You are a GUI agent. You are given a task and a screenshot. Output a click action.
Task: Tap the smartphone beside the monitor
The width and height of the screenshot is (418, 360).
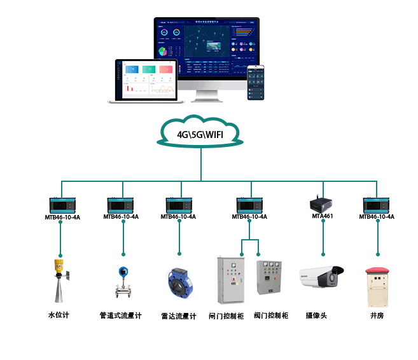pyautogui.click(x=256, y=83)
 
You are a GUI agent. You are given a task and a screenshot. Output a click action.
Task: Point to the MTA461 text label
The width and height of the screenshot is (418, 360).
pyautogui.click(x=322, y=216)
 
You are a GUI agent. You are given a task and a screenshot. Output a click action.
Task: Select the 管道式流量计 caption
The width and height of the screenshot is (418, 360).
pyautogui.click(x=120, y=315)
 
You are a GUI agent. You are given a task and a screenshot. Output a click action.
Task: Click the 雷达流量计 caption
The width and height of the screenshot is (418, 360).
pyautogui.click(x=179, y=315)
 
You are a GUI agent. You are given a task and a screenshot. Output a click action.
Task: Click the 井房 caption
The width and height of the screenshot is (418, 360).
pyautogui.click(x=377, y=315)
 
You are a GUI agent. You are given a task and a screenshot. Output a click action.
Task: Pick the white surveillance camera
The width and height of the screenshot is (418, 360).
pyautogui.click(x=321, y=277)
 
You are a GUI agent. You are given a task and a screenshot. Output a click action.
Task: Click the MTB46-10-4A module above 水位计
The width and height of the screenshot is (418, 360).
pyautogui.click(x=62, y=205)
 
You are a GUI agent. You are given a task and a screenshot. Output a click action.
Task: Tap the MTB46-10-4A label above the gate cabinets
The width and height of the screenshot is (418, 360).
pyautogui.click(x=249, y=217)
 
